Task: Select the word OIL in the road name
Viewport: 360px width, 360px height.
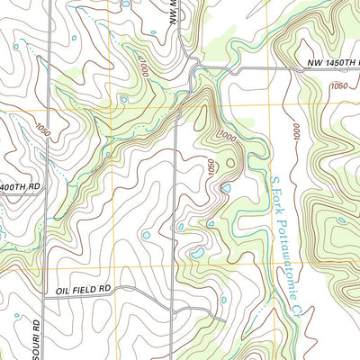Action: click(62, 289)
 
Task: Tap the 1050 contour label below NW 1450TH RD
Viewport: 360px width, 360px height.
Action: click(338, 86)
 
